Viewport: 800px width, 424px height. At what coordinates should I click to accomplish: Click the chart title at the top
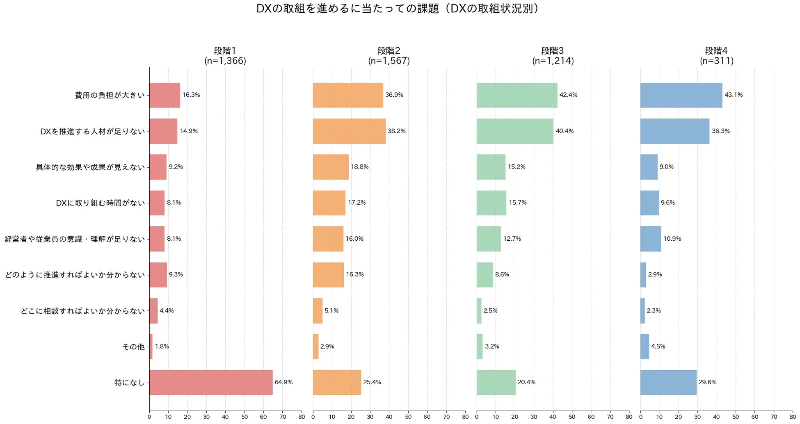[397, 9]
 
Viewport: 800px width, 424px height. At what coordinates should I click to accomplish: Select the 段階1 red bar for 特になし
[211, 383]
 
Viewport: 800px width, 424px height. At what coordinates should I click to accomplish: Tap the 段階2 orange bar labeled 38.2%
[349, 131]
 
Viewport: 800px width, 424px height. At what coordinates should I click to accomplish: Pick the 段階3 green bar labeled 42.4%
[517, 95]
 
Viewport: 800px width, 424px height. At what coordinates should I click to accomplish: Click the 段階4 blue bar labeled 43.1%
[681, 95]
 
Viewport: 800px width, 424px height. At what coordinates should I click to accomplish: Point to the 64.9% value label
[283, 382]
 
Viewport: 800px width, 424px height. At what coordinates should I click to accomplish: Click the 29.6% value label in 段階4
[707, 382]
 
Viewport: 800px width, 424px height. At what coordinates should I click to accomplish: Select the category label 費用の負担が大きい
[110, 96]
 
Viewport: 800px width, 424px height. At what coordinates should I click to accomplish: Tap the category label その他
[133, 347]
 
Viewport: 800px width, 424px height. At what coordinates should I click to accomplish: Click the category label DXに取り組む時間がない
[101, 203]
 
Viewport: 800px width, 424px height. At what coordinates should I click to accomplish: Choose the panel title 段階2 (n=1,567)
[389, 56]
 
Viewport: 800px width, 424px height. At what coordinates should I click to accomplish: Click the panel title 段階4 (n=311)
[716, 56]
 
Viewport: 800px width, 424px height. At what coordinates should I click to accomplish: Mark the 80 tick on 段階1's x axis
[302, 417]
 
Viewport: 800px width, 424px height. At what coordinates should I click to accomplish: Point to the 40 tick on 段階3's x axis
[553, 417]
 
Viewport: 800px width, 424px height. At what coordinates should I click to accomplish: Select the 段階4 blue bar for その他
[645, 346]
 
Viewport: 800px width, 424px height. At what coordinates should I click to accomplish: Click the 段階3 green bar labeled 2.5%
[479, 311]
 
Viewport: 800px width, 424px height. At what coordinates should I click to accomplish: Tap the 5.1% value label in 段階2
[331, 311]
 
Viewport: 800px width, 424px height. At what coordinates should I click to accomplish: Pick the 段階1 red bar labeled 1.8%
[151, 346]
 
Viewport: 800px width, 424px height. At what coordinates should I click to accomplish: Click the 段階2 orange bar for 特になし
[337, 383]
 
